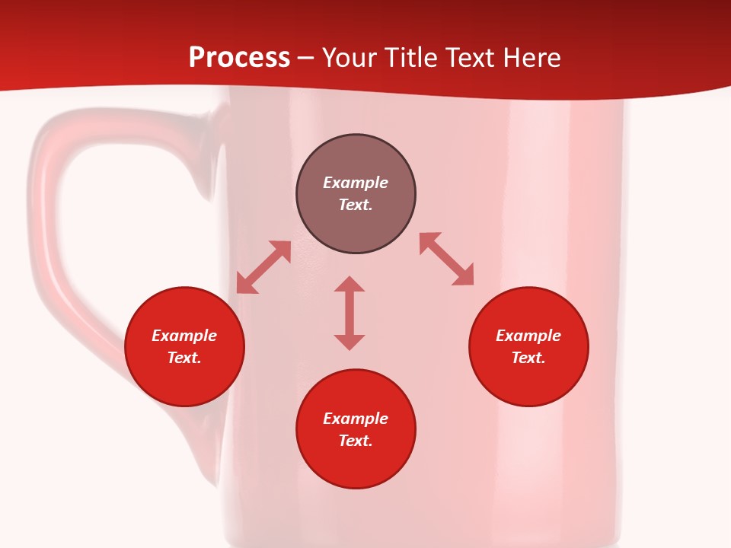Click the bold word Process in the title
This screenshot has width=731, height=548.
[239, 58]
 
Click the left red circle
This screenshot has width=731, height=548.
[184, 381]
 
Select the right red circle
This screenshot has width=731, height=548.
[528, 381]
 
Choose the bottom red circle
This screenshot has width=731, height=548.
[356, 464]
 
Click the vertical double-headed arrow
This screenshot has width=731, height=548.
[350, 313]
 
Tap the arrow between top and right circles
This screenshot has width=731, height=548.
[446, 259]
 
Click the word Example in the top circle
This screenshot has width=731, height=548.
[356, 183]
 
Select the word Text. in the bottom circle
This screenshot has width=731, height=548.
[356, 441]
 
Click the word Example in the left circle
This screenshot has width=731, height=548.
[184, 336]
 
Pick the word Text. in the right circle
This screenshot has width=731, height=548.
[528, 358]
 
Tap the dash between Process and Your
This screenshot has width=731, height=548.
[305, 59]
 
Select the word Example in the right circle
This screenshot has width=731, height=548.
[528, 336]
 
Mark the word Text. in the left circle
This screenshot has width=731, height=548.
[184, 358]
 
